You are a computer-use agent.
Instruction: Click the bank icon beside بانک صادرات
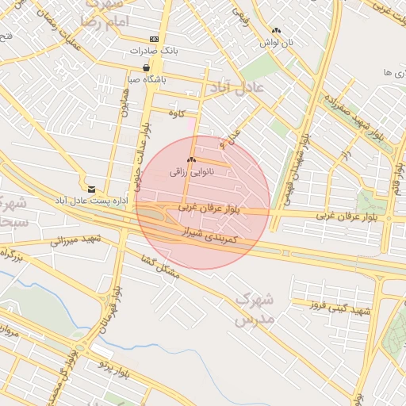point(153,39)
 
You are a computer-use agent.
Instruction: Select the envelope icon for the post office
point(92,190)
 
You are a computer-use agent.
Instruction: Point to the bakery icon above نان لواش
point(275,31)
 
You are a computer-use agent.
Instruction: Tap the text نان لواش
point(280,42)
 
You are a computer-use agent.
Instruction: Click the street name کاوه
point(176,113)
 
